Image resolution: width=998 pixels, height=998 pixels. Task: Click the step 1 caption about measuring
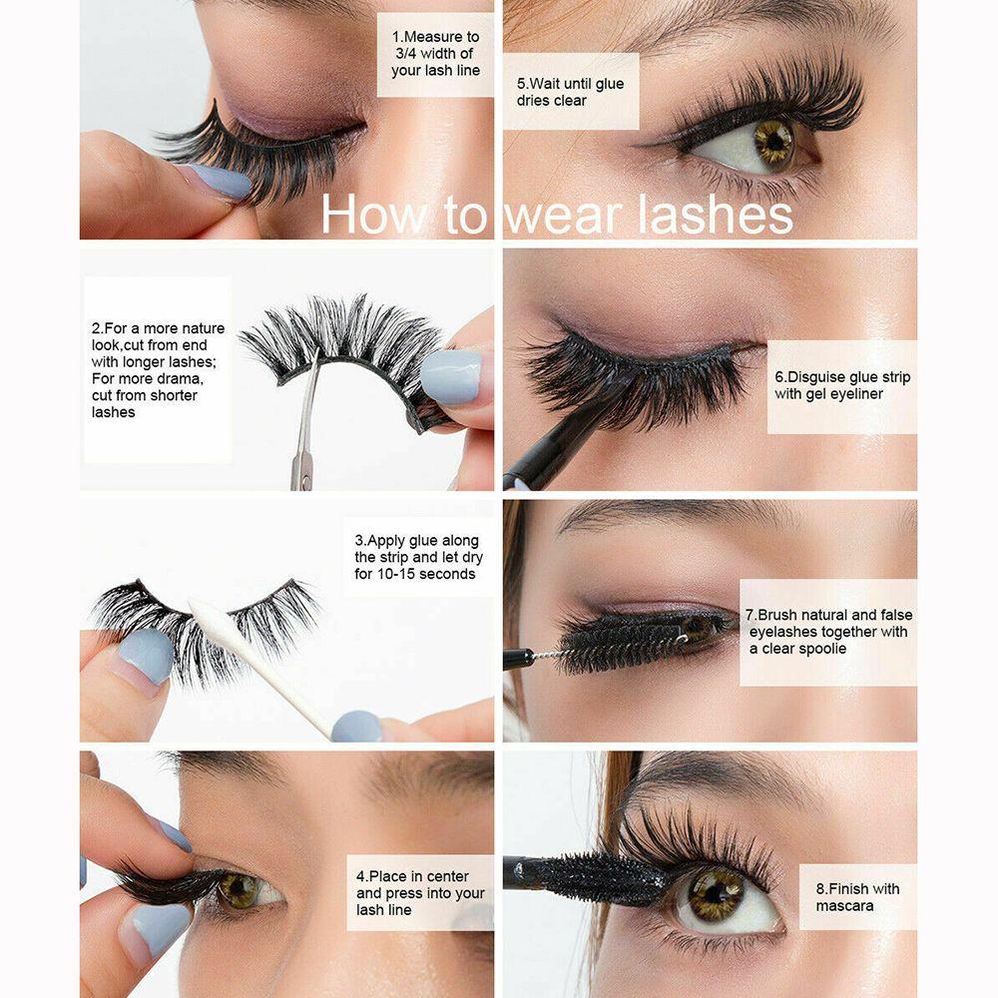tap(435, 54)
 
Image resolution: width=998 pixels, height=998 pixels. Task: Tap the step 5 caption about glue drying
tap(570, 92)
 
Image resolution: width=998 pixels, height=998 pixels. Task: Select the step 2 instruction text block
tap(158, 370)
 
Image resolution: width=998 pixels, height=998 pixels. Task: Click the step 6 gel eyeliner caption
tap(841, 386)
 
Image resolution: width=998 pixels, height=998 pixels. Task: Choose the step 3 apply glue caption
tap(416, 558)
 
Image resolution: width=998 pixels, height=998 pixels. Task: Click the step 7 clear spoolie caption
tap(827, 632)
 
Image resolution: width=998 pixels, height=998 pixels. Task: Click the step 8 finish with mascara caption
tap(856, 897)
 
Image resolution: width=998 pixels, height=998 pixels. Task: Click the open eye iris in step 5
tap(772, 142)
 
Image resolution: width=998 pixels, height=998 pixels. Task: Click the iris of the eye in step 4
tap(239, 889)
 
